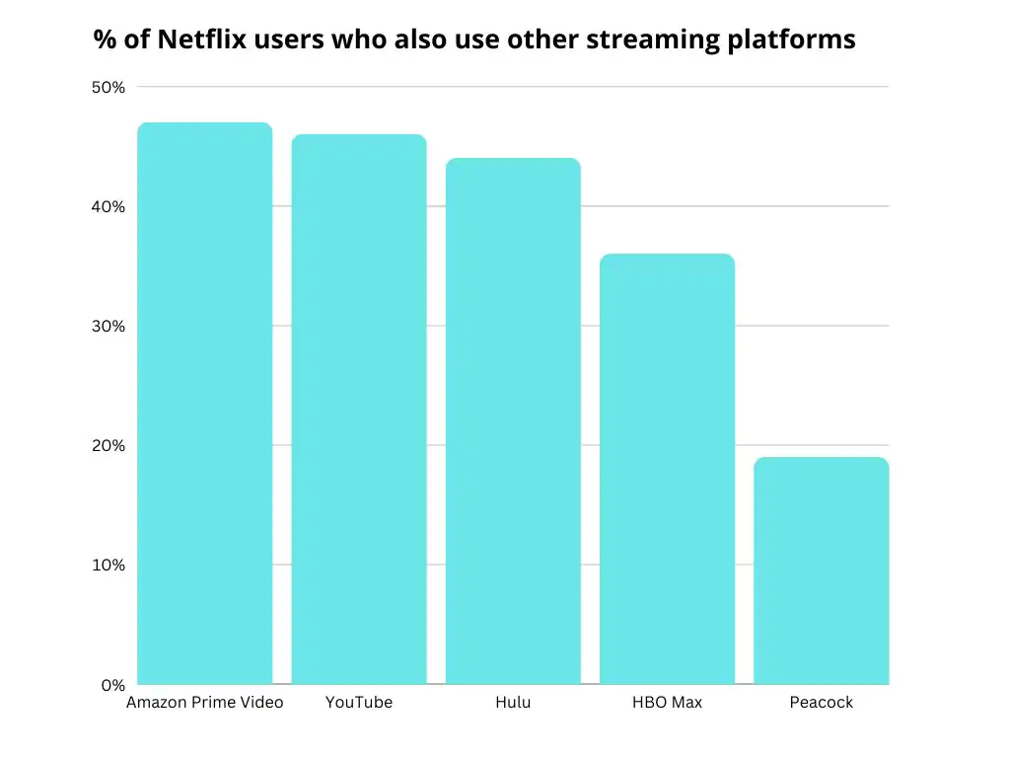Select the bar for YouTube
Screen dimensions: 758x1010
click(359, 409)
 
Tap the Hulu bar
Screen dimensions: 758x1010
click(513, 420)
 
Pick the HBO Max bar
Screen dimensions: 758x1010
click(667, 469)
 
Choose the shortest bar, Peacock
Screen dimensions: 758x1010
click(821, 570)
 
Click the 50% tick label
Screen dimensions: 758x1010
click(108, 87)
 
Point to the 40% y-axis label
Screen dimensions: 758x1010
click(108, 206)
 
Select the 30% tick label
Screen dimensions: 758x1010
click(108, 326)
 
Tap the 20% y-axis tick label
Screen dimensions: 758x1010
click(108, 445)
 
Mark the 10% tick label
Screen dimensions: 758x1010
click(108, 565)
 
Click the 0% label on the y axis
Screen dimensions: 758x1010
click(112, 684)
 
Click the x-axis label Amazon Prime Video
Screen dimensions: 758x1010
click(204, 703)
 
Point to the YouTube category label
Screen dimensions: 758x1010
click(359, 703)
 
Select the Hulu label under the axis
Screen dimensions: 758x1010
click(513, 703)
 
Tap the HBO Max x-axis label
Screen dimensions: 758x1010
click(667, 703)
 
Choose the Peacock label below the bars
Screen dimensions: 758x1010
click(821, 703)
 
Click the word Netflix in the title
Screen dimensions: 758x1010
click(193, 39)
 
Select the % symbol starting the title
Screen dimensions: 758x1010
click(104, 39)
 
